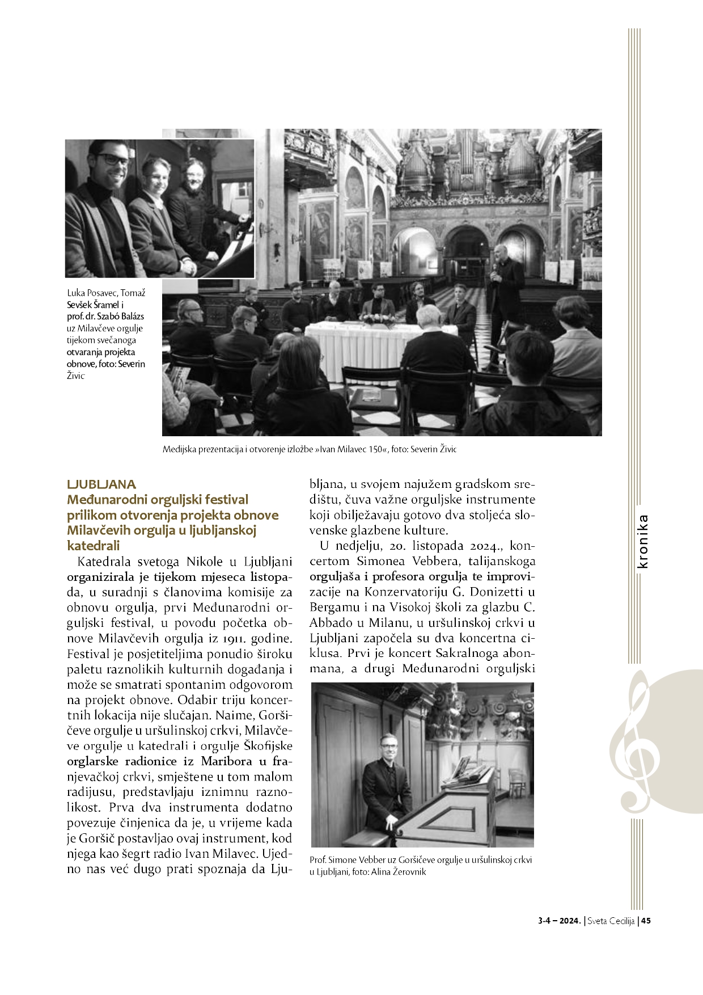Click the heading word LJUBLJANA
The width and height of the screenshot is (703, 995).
tap(101, 484)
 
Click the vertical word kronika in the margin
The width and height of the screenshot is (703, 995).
tap(643, 541)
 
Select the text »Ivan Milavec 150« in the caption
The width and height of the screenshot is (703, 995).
tap(351, 449)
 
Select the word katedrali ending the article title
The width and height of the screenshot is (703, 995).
tap(94, 546)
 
